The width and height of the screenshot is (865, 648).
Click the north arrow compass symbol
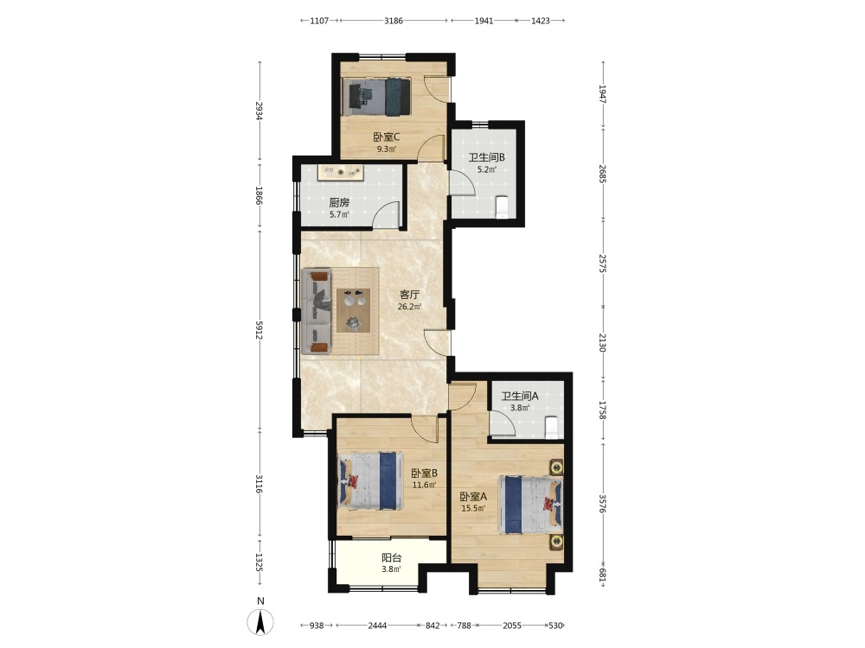click(260, 622)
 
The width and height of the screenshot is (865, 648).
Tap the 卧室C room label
click(386, 137)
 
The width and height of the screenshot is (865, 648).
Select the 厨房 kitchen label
click(339, 203)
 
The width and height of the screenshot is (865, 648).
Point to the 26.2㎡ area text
click(410, 307)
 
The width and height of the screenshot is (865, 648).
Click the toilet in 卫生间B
click(502, 206)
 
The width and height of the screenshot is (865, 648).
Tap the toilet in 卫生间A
click(551, 427)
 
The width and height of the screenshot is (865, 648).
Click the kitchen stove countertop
click(341, 173)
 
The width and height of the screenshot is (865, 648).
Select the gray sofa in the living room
click(317, 311)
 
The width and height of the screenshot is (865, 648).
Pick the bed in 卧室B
click(369, 481)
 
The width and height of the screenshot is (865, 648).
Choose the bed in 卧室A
click(531, 505)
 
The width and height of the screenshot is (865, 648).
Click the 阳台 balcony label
click(392, 557)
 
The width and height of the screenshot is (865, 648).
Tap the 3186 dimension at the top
click(394, 21)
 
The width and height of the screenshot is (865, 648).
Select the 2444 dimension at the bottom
click(377, 626)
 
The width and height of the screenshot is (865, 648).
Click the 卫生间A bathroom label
click(520, 397)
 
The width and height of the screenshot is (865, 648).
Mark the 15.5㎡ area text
click(473, 509)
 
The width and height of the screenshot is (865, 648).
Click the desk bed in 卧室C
click(376, 97)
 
